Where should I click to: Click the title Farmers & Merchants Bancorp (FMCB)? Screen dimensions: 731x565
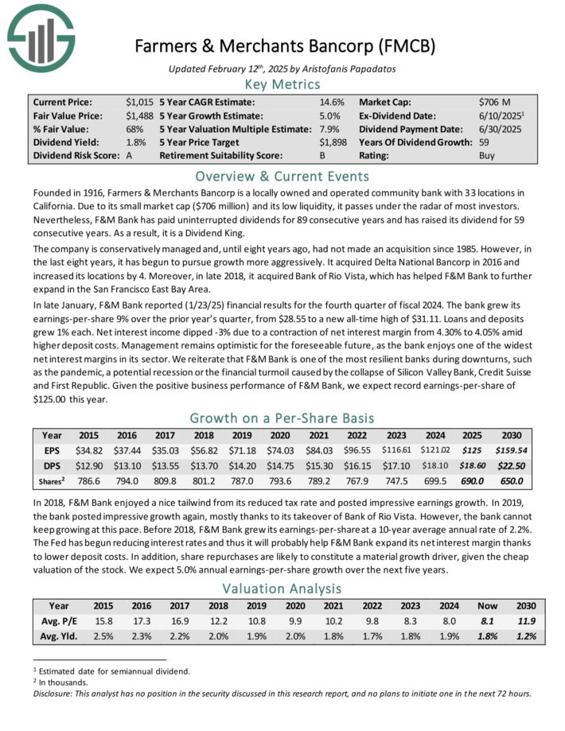point(282,45)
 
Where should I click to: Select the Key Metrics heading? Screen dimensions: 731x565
point(282,84)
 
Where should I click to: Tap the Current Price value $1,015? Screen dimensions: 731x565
point(138,103)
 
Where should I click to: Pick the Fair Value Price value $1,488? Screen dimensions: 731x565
point(138,116)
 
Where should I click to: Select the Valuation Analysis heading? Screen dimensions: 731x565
point(282,589)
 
